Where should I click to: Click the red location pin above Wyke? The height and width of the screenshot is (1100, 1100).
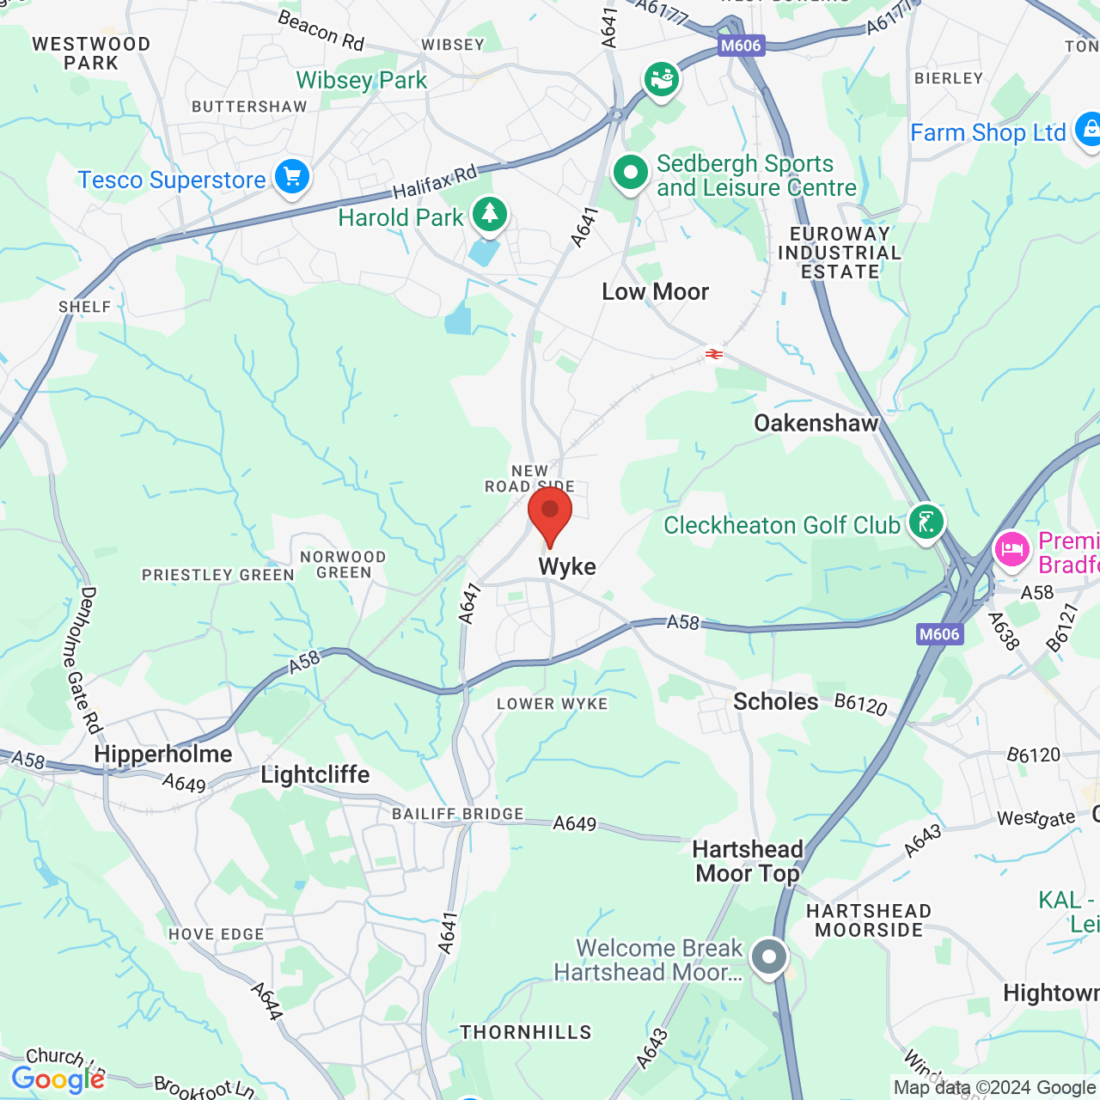[550, 513]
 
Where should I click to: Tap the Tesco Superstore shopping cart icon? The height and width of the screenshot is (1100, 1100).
[292, 177]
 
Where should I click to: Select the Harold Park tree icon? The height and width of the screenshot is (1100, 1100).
[490, 214]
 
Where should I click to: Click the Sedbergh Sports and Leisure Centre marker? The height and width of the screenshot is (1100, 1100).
[631, 173]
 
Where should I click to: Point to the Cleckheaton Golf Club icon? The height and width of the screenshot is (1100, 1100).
[926, 521]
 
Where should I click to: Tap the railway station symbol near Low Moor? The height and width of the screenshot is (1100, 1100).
[713, 354]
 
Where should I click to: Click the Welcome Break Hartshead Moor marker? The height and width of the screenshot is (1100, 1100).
[769, 956]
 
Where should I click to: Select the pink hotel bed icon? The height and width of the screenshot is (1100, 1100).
[1012, 549]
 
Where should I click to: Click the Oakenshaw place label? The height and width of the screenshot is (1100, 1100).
[816, 423]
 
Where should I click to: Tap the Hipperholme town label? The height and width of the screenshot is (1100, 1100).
[163, 754]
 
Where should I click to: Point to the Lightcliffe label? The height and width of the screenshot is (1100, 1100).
[315, 774]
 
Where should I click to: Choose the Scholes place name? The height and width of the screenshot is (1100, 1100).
[775, 701]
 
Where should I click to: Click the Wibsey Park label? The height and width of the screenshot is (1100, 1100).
[362, 81]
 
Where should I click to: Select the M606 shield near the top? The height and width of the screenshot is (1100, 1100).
[741, 46]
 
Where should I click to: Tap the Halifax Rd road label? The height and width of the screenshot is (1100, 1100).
[435, 181]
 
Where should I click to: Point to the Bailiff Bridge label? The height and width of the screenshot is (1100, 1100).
[458, 814]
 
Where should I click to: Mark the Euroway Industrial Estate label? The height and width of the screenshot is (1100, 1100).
[840, 253]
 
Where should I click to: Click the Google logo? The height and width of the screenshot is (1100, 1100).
[58, 1079]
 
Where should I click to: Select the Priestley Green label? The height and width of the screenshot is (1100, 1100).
[218, 575]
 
